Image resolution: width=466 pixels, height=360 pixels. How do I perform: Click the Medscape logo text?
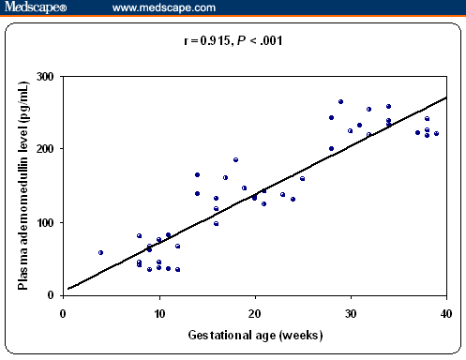pyautogui.click(x=43, y=8)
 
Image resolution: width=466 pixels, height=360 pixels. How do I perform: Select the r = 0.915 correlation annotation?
pyautogui.click(x=233, y=41)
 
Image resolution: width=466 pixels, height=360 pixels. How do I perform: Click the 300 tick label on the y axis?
pyautogui.click(x=45, y=76)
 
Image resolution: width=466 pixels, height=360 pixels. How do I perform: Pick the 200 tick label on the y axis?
pyautogui.click(x=45, y=149)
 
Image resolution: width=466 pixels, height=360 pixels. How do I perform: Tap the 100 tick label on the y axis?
pyautogui.click(x=45, y=222)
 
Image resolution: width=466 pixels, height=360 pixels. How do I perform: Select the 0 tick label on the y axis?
pyautogui.click(x=51, y=295)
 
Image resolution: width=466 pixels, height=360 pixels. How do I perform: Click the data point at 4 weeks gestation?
pyautogui.click(x=100, y=252)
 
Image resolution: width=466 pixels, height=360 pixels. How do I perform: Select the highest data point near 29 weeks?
pyautogui.click(x=340, y=101)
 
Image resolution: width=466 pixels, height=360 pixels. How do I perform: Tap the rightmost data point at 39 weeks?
pyautogui.click(x=436, y=133)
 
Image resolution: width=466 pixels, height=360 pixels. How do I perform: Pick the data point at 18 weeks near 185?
pyautogui.click(x=235, y=159)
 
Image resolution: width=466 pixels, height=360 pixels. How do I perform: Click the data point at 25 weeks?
pyautogui.click(x=302, y=178)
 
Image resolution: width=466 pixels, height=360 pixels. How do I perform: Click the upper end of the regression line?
pyautogui.click(x=445, y=97)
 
